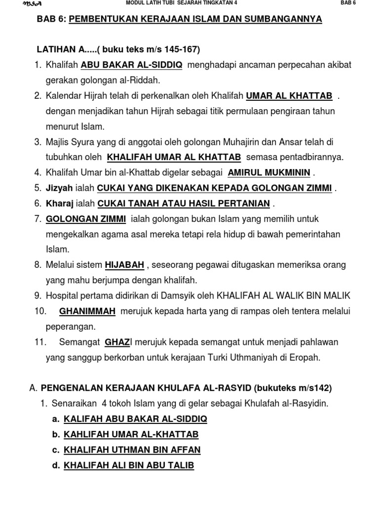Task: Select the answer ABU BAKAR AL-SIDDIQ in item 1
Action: click(131, 65)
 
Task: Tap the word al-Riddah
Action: click(144, 80)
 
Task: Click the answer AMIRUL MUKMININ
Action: click(269, 172)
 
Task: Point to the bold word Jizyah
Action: click(59, 188)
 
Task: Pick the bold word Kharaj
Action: click(59, 203)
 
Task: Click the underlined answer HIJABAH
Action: click(124, 265)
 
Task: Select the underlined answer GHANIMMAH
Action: click(87, 311)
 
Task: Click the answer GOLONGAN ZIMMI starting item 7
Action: click(86, 218)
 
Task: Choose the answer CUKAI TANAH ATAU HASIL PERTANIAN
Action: click(184, 203)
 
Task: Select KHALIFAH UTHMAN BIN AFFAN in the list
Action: click(132, 450)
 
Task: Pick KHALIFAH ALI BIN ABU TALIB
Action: click(129, 465)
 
